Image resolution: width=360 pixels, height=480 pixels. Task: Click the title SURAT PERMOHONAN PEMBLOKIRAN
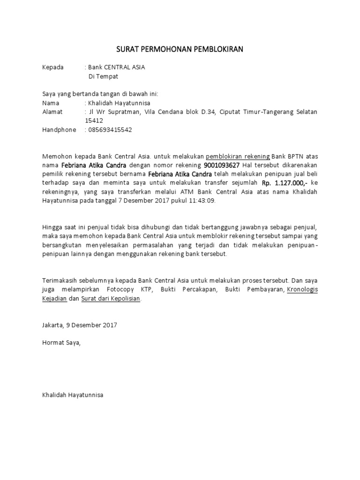180,49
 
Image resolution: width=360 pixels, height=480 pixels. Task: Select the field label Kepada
52,67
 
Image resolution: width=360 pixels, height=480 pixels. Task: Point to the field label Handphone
59,130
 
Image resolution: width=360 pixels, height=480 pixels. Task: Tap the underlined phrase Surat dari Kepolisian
111,299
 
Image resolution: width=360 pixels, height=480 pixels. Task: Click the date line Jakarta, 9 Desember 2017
80,324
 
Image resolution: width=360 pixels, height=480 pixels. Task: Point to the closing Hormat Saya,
61,343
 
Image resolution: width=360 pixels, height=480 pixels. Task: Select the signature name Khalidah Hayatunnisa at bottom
73,395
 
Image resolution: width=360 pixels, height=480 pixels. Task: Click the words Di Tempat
103,76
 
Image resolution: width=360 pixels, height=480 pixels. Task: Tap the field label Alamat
52,112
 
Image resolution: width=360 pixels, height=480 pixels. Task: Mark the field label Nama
51,103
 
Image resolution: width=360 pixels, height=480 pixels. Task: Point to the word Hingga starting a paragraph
52,227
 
